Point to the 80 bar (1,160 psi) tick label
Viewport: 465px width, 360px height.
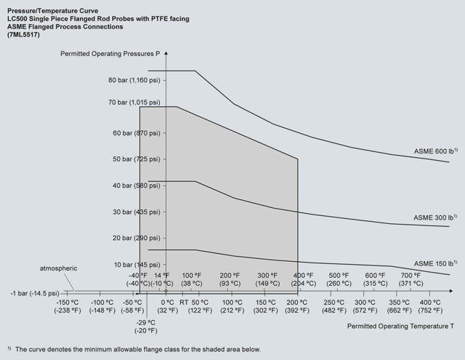click(x=134, y=79)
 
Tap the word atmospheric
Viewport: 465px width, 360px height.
click(x=59, y=269)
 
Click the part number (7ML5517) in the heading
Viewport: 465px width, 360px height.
click(x=26, y=35)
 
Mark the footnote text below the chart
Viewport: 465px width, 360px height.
click(x=135, y=349)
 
